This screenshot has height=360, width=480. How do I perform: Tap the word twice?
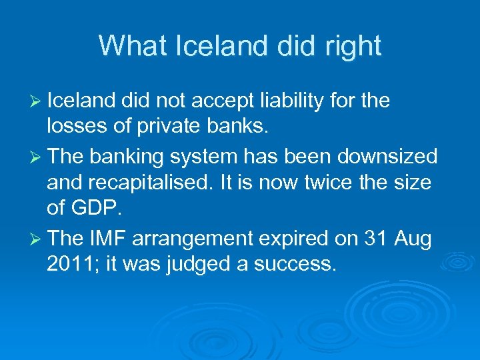319,182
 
